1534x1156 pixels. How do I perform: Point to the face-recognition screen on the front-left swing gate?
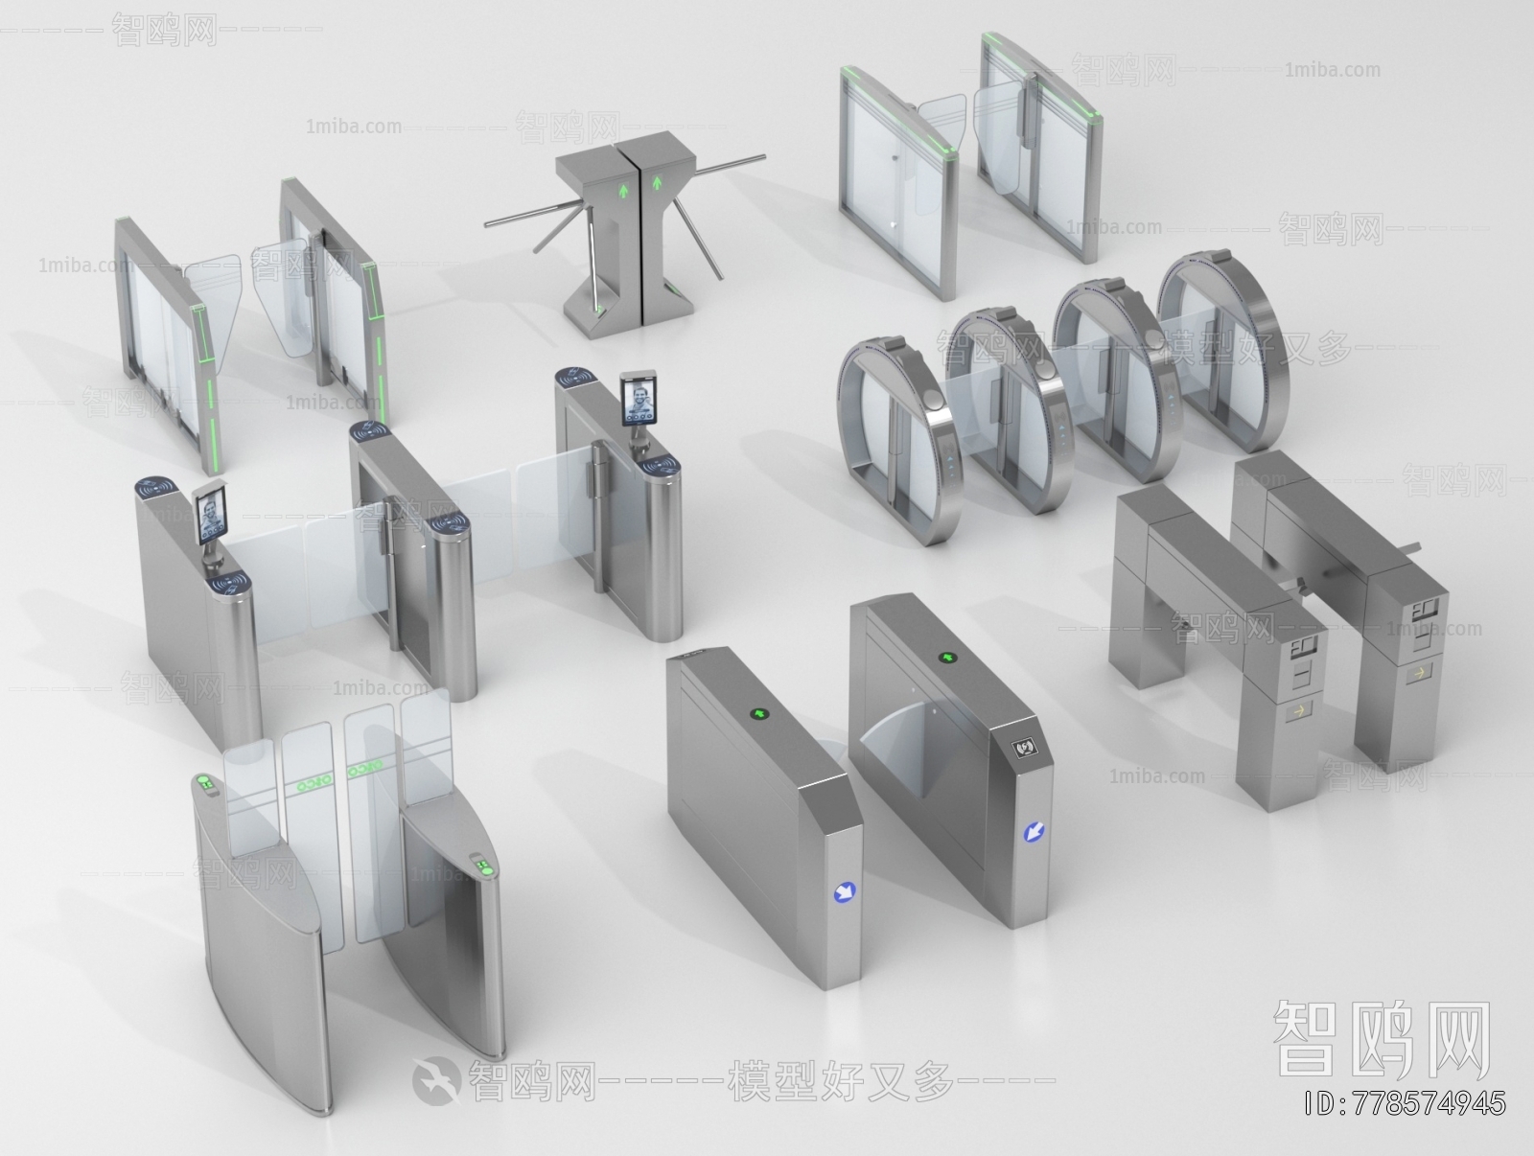pos(212,515)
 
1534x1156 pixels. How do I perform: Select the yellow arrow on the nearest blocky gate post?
pos(1299,712)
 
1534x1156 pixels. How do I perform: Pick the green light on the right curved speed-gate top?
pos(483,868)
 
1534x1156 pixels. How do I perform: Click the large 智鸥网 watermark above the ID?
pos(1382,1039)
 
